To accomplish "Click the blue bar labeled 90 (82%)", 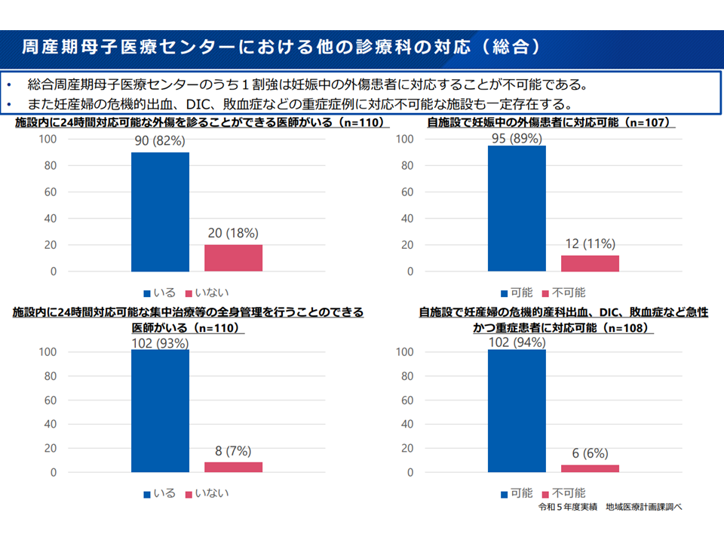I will pyautogui.click(x=160, y=211).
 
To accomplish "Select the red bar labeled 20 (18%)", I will pyautogui.click(x=233, y=258).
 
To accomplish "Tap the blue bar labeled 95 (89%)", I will pyautogui.click(x=517, y=208).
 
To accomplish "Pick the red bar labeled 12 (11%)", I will pyautogui.click(x=590, y=263).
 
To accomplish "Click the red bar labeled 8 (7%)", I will pyautogui.click(x=233, y=467).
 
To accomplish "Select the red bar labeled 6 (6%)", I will pyautogui.click(x=590, y=468).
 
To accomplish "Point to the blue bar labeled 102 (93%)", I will pyautogui.click(x=160, y=411).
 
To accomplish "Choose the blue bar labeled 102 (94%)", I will pyautogui.click(x=517, y=411).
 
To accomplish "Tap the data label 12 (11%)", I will pyautogui.click(x=590, y=244).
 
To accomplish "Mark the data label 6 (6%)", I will pyautogui.click(x=590, y=452).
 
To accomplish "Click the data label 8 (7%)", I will pyautogui.click(x=233, y=450).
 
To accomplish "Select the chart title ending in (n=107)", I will pyautogui.click(x=550, y=122).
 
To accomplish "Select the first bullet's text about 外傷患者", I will pyautogui.click(x=302, y=84).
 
